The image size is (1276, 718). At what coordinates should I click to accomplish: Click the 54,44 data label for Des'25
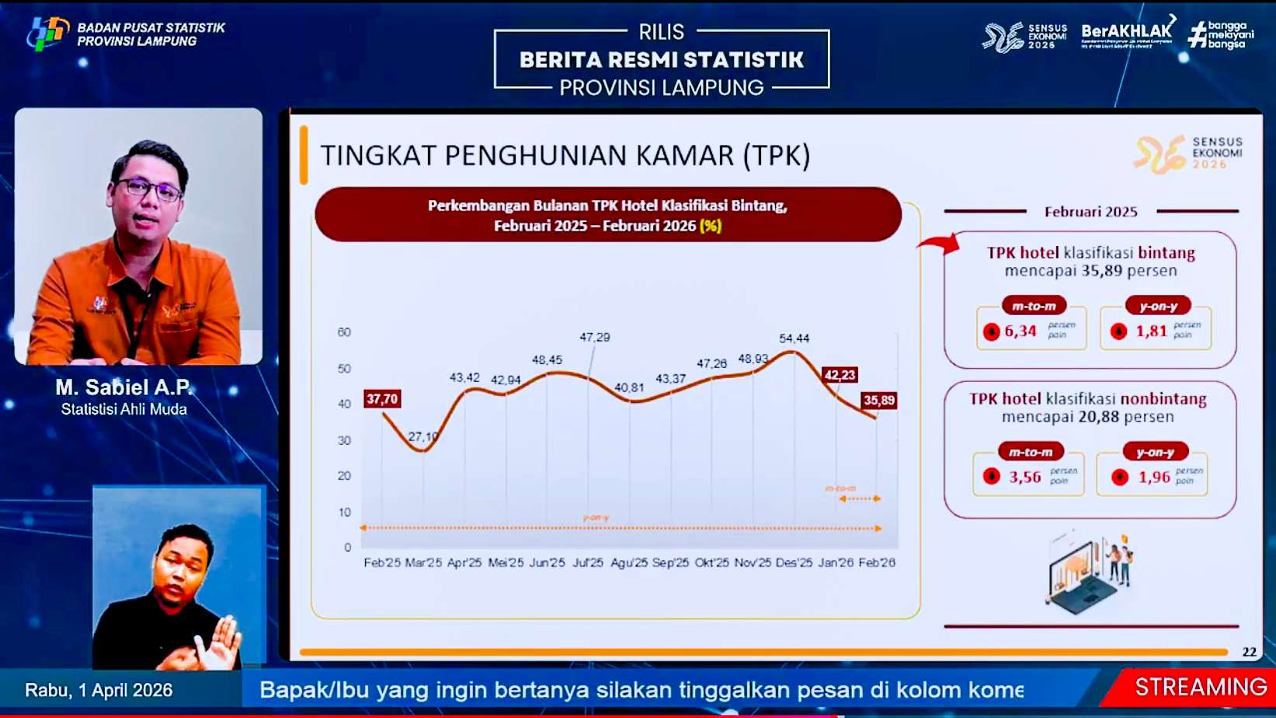tap(794, 338)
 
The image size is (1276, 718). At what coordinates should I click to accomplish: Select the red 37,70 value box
tap(382, 399)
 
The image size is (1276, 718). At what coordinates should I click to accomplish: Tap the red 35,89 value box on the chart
tap(878, 401)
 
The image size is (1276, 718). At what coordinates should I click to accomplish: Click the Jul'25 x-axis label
tap(588, 563)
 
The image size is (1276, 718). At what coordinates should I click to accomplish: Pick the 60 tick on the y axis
tap(344, 332)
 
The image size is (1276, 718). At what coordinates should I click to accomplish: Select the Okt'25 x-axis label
tap(711, 563)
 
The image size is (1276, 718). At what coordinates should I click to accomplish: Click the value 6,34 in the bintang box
tap(1020, 331)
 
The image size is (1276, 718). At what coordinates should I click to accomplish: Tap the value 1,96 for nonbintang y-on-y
tap(1154, 477)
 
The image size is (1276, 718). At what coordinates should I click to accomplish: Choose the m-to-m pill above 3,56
tap(1031, 452)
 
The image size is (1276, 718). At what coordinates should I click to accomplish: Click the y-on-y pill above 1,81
tap(1158, 306)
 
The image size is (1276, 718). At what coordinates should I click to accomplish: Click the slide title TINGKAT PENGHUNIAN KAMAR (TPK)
tap(565, 156)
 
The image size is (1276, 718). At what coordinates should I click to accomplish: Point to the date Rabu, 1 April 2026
tap(99, 690)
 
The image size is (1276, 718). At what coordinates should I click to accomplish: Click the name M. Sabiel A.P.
tap(124, 387)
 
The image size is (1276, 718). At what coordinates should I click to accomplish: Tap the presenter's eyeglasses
tap(149, 189)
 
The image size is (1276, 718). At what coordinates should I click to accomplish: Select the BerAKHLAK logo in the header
tap(1126, 33)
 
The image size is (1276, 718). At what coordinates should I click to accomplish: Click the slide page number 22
tap(1249, 652)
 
